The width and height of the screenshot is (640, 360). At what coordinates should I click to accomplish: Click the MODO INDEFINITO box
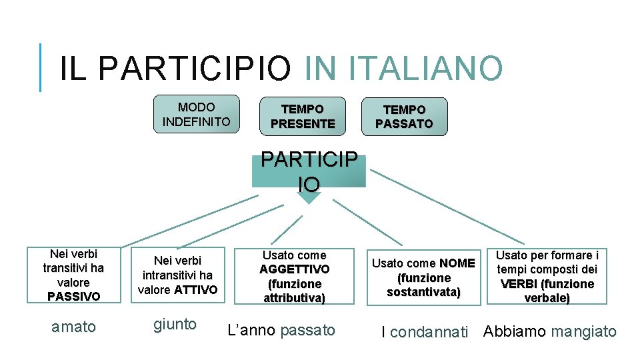pos(196,114)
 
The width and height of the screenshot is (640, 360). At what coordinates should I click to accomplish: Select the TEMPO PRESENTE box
pos(303,116)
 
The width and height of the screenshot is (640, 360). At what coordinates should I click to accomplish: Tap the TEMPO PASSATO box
pos(404,116)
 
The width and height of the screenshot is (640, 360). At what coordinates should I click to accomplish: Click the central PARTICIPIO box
pos(309,171)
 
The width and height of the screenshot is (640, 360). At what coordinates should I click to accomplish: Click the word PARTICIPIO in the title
pos(197,68)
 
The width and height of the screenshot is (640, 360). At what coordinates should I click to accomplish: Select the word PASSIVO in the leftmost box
pos(73,295)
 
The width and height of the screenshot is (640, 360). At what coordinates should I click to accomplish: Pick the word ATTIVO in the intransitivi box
pos(196,289)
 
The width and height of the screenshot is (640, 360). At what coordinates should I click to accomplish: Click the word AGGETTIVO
pos(294,269)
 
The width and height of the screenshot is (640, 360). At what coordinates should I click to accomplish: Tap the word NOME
pos(457,263)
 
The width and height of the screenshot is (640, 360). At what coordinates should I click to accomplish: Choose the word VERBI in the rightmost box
pos(518,284)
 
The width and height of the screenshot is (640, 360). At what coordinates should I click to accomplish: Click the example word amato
pos(73,327)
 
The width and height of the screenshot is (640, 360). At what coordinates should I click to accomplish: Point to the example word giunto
pos(175,325)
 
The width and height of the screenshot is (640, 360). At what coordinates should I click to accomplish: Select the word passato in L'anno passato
pos(308,330)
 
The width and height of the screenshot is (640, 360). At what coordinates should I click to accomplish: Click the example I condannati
pos(424,332)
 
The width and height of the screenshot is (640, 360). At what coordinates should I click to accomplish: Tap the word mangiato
pos(584,331)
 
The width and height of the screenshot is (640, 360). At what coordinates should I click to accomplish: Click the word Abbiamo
pos(515,331)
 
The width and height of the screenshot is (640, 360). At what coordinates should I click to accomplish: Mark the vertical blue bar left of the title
pos(40,67)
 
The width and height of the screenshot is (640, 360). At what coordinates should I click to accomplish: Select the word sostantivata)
pos(424,292)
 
